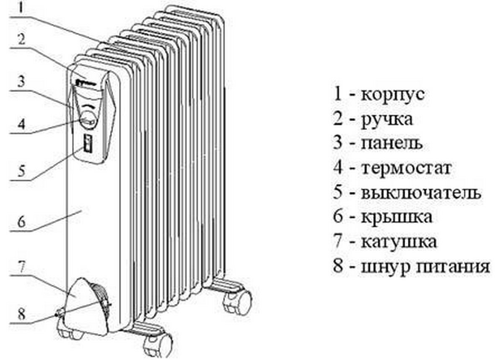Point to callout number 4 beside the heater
[22, 124]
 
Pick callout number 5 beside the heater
[22, 170]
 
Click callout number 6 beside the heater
[22, 221]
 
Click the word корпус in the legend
[392, 94]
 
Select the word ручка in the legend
[386, 119]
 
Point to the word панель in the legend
[392, 143]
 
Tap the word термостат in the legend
[406, 168]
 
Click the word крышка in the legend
[397, 218]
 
